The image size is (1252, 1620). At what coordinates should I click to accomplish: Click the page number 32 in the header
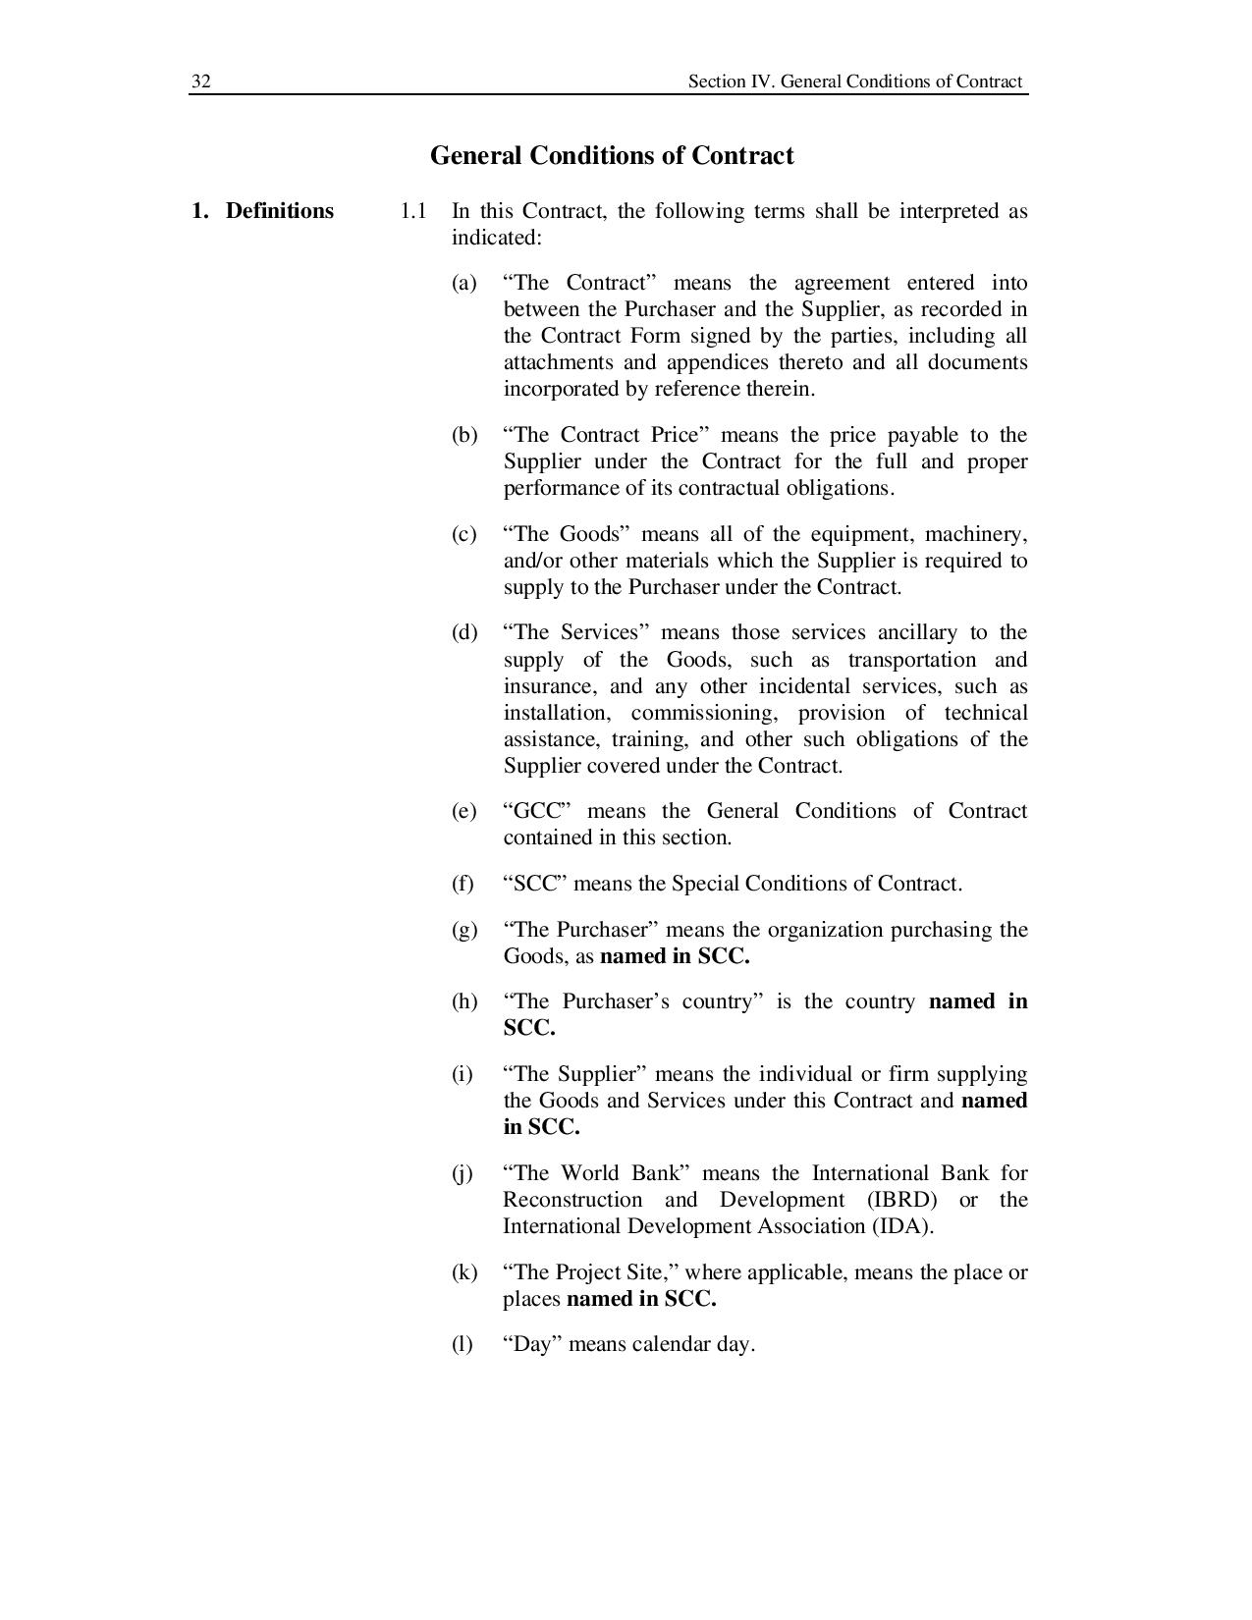(200, 81)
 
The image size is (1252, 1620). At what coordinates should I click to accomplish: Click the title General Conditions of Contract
(612, 156)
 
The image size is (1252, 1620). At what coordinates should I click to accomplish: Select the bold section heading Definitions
(279, 211)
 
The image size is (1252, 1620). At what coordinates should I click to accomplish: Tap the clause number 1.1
(412, 211)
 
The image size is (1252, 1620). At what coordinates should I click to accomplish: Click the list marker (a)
(463, 283)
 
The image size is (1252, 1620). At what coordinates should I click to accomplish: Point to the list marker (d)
(463, 632)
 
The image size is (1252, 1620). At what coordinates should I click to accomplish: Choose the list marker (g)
(463, 930)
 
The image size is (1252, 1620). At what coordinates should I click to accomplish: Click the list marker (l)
(462, 1344)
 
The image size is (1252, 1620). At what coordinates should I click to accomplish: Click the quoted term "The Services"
(577, 632)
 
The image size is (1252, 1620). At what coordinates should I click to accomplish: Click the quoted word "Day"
(530, 1344)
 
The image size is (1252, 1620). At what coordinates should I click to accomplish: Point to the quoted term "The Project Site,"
(591, 1272)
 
